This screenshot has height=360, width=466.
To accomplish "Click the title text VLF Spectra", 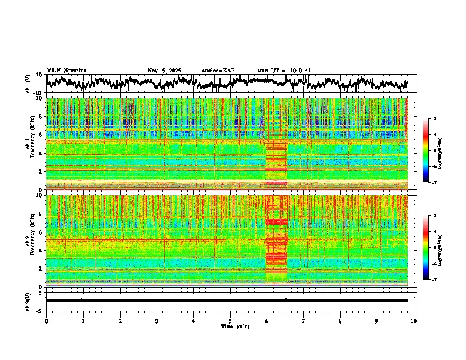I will (66, 70).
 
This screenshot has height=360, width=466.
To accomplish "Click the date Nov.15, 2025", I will (164, 71).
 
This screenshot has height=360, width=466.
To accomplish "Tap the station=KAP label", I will (218, 71).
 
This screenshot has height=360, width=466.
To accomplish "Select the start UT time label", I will (279, 71).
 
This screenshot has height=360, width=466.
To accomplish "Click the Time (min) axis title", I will (235, 326).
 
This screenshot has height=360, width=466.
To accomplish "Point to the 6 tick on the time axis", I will (267, 321).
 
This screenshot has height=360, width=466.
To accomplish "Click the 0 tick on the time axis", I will (46, 321).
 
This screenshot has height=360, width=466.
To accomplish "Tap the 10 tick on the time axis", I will (414, 321).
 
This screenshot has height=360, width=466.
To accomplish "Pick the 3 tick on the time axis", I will (157, 321).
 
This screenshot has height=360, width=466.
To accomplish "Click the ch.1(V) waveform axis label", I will (28, 84).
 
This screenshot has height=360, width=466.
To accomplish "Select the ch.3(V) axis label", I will (28, 301).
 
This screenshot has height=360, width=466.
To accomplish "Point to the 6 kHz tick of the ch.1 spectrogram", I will (42, 135).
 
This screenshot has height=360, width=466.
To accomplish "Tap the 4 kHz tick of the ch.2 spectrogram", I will (42, 250).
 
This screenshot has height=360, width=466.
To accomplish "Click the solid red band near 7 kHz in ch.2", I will (276, 222).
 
